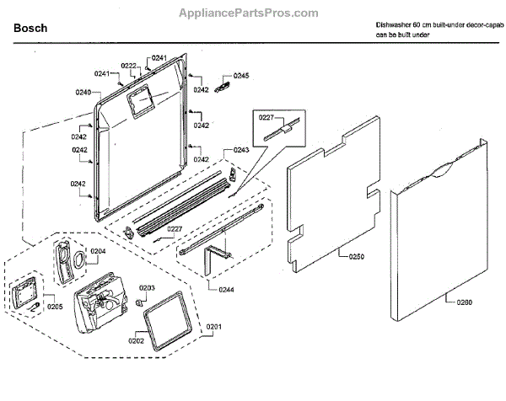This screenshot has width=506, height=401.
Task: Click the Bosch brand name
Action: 30,29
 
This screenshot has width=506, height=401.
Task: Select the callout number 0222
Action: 129,66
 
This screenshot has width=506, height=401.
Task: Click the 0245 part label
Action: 242,76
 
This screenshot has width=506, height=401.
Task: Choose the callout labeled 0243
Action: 241,151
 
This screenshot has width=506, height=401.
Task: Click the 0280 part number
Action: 467,302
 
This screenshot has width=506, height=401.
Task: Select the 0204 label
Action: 99,251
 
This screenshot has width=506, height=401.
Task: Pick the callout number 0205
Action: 55,306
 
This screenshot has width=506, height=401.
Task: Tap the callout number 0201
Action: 213,326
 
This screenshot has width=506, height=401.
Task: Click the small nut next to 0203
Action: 139,301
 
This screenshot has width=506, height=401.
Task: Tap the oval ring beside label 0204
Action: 78,259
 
